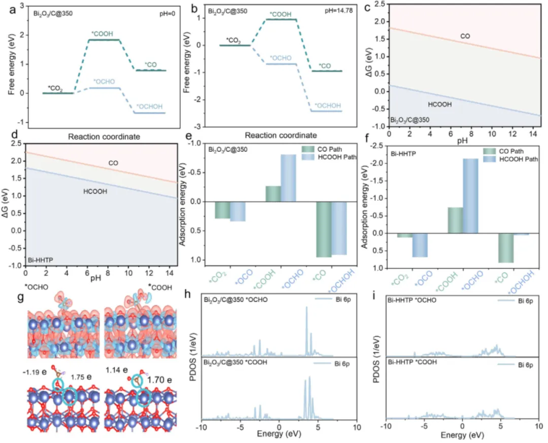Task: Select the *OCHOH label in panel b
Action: click(x=324, y=105)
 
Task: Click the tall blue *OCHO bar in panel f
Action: click(x=470, y=196)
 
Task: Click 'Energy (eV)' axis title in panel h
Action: click(x=276, y=434)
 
